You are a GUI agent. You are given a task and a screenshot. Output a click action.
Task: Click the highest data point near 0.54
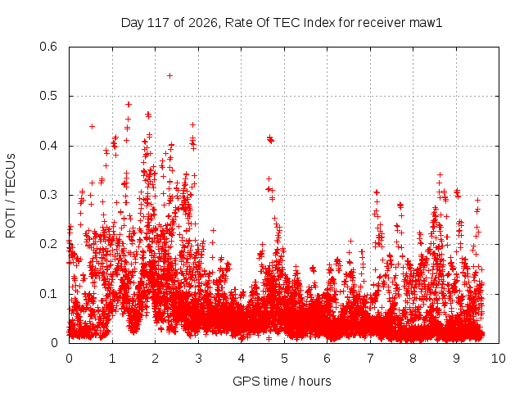pyautogui.click(x=169, y=76)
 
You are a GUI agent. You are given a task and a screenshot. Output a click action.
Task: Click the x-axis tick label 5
pyautogui.click(x=284, y=359)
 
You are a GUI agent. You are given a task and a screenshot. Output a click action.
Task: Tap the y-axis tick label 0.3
pyautogui.click(x=48, y=195)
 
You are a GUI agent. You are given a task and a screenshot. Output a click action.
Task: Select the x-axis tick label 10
pyautogui.click(x=498, y=359)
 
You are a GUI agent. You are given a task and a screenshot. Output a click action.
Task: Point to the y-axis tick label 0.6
pyautogui.click(x=48, y=47)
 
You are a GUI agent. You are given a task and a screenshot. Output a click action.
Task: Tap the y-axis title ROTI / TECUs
pyautogui.click(x=11, y=196)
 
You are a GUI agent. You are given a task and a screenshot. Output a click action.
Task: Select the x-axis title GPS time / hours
pyautogui.click(x=282, y=381)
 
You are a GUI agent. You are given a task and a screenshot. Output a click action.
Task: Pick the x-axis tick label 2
pyautogui.click(x=155, y=359)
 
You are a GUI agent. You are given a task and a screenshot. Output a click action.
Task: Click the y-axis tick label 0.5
pyautogui.click(x=48, y=96)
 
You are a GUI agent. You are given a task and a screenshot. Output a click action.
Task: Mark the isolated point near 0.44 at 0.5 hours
pyautogui.click(x=93, y=126)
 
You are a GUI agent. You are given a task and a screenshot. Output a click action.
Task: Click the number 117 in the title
pyautogui.click(x=159, y=23)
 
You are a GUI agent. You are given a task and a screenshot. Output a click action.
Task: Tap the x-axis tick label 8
pyautogui.click(x=413, y=359)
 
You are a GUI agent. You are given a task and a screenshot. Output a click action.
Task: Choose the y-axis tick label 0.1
pyautogui.click(x=48, y=294)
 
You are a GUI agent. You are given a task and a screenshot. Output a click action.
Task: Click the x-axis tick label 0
pyautogui.click(x=69, y=359)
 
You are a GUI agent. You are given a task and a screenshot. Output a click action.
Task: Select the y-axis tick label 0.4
pyautogui.click(x=48, y=146)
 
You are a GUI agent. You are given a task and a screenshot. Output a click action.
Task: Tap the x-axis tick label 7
pyautogui.click(x=370, y=359)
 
